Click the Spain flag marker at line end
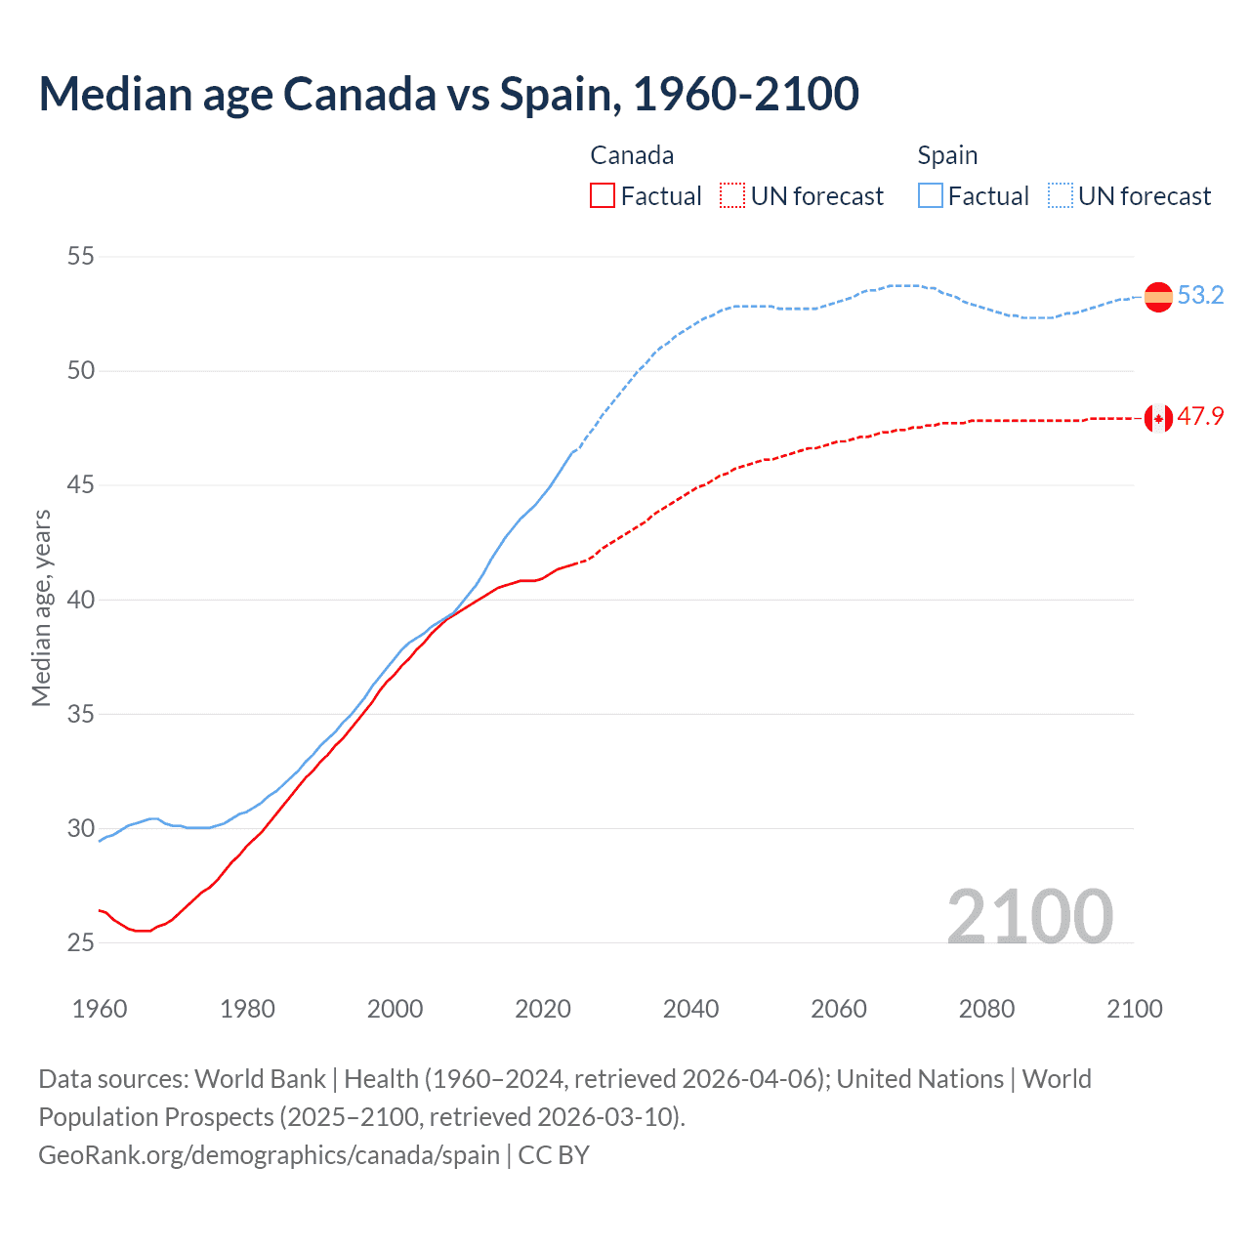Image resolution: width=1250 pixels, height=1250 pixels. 1158,296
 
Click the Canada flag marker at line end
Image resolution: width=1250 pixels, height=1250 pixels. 1158,418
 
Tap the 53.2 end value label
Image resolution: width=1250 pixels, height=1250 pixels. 1200,295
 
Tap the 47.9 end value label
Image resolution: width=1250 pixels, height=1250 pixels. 1200,417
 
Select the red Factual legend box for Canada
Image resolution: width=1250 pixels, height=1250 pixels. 603,196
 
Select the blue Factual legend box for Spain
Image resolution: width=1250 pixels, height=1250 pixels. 931,196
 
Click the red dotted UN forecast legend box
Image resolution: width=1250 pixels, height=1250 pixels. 732,196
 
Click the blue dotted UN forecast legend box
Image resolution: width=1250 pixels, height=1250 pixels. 1061,196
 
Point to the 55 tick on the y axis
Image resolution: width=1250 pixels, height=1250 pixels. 81,257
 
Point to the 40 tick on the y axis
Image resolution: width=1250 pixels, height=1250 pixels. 81,600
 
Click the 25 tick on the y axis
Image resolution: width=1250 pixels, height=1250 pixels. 81,942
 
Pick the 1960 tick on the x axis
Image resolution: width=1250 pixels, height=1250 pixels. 100,1009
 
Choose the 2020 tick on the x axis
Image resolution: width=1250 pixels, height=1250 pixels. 543,1009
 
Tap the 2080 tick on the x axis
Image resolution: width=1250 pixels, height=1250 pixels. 986,1009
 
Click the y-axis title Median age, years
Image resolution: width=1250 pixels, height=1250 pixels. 41,607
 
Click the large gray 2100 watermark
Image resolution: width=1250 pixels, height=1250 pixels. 1029,916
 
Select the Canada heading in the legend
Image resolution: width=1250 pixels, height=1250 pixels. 632,155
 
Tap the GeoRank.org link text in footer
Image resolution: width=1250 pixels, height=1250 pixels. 269,1155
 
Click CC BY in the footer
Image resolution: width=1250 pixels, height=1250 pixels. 554,1155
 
